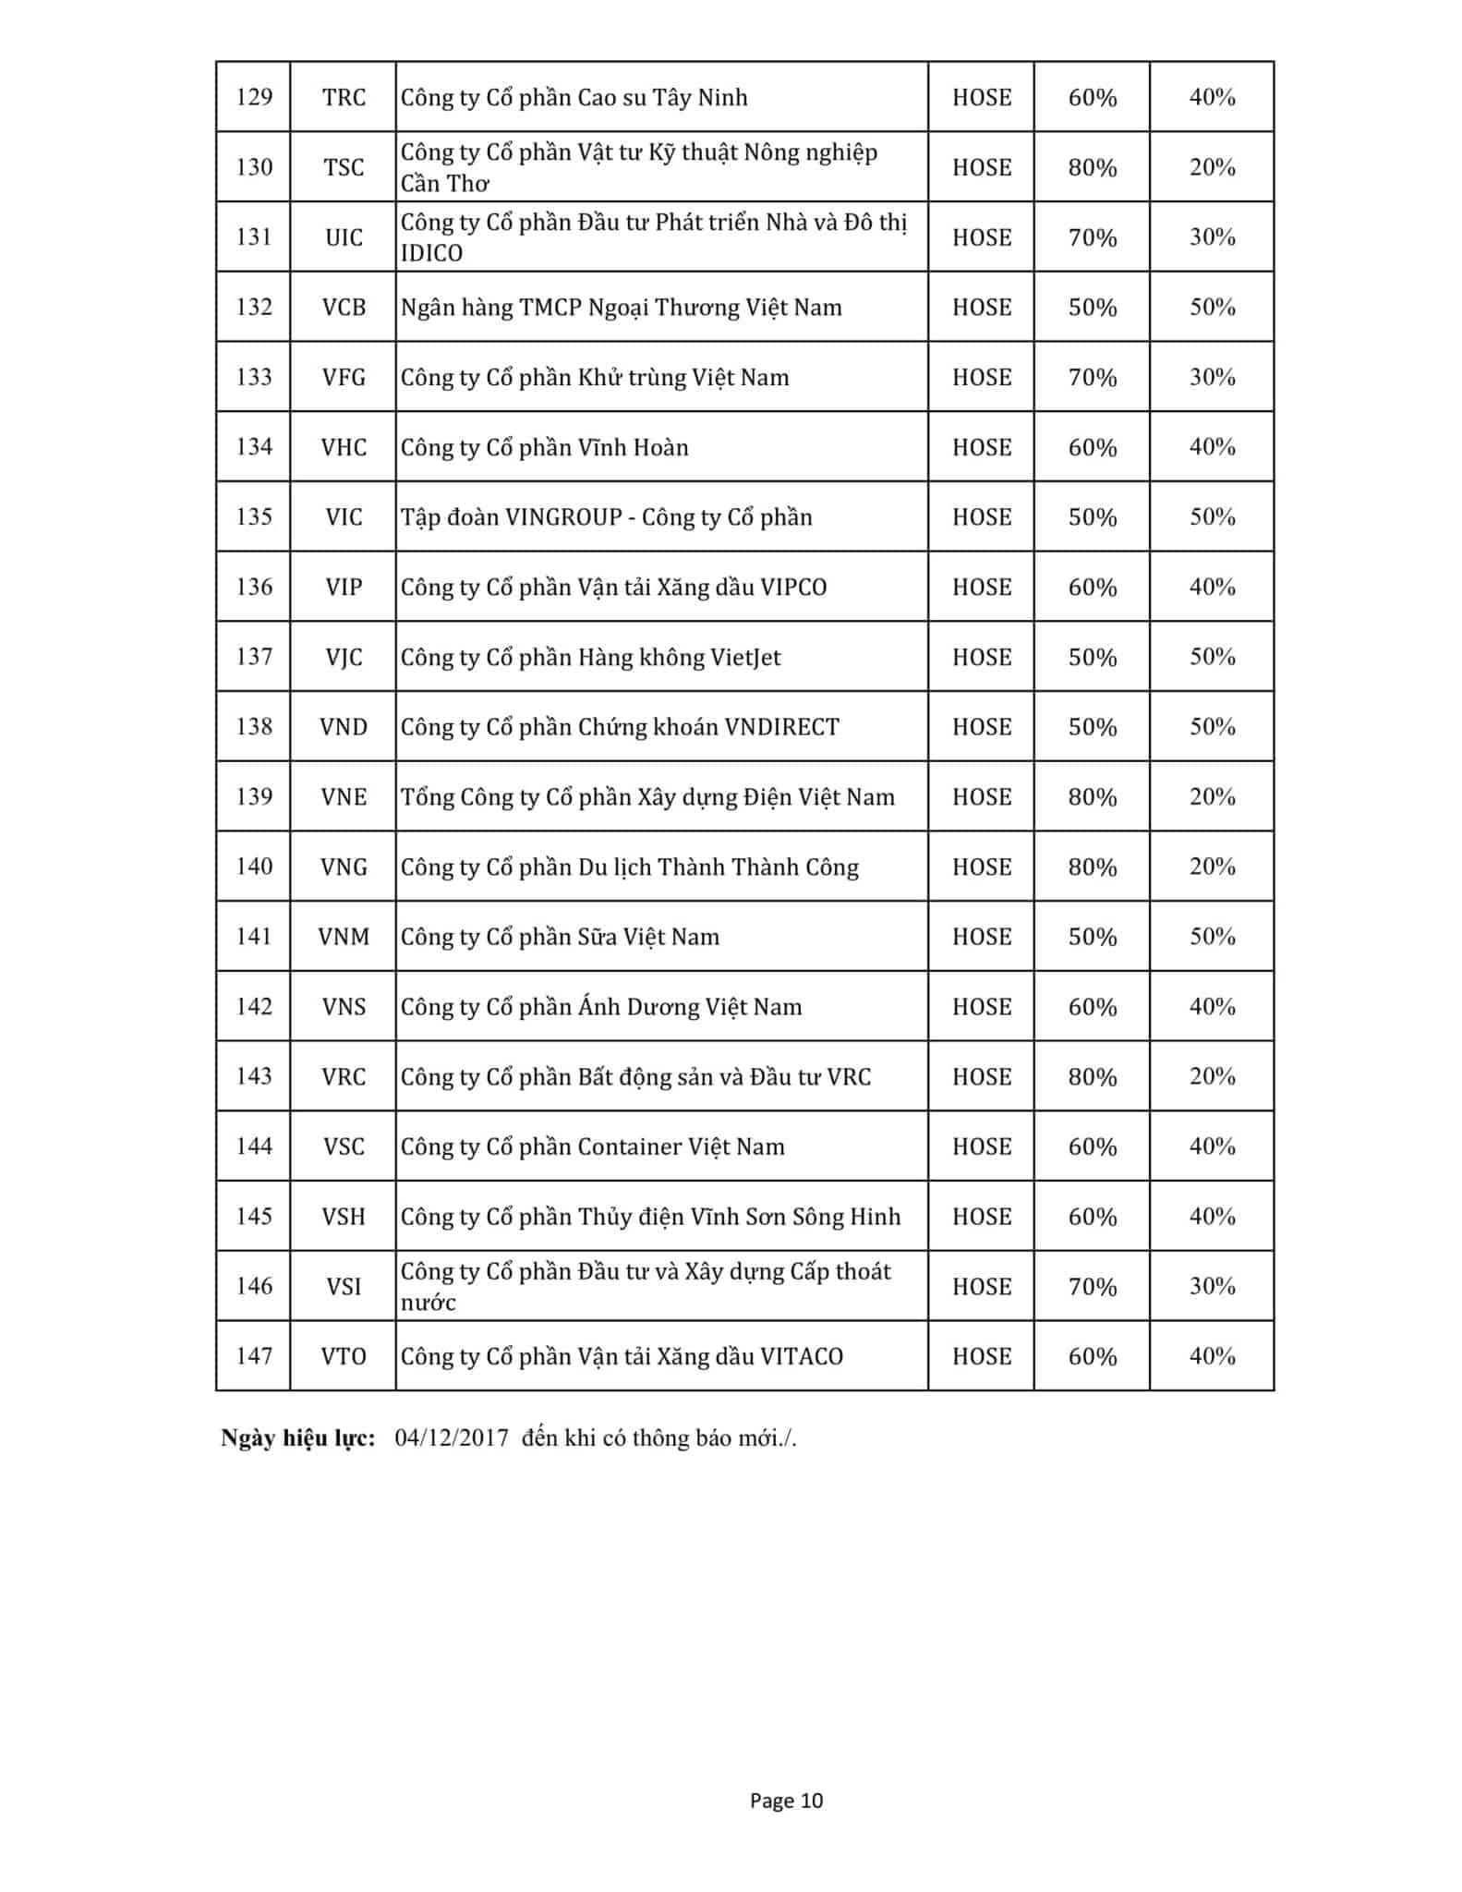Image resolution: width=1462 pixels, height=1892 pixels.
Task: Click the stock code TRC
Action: (x=344, y=97)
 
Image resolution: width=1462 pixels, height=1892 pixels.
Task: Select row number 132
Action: (x=254, y=307)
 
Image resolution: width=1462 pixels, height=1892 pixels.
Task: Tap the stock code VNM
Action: (x=344, y=937)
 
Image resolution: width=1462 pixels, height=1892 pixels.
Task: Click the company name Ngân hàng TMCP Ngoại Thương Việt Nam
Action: (x=621, y=307)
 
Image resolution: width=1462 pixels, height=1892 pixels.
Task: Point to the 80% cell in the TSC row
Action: (x=1092, y=167)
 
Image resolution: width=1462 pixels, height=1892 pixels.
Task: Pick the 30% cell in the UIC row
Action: (x=1212, y=237)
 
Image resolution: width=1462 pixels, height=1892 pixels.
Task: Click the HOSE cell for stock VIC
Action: (x=981, y=516)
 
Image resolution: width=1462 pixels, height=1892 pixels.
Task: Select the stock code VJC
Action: (x=344, y=657)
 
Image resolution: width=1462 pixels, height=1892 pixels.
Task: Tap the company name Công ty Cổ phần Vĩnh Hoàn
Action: (x=544, y=447)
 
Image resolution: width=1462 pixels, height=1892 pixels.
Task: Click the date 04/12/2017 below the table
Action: (x=452, y=1437)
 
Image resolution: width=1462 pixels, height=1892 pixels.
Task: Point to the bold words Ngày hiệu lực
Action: (x=297, y=1437)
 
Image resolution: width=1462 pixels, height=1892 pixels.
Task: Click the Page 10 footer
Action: (x=786, y=1801)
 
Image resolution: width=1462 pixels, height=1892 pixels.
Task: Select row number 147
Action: (x=254, y=1356)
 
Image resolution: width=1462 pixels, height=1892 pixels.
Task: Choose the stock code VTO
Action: (x=344, y=1356)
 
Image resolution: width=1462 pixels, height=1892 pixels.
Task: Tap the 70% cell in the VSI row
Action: (x=1092, y=1286)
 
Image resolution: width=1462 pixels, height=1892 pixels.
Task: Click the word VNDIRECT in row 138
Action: (x=781, y=727)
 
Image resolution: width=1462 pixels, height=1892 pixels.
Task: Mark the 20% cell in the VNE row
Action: (x=1212, y=796)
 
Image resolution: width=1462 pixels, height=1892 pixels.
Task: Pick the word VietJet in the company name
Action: (x=744, y=657)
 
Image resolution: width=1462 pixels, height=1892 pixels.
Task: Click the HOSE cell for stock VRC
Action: (x=981, y=1076)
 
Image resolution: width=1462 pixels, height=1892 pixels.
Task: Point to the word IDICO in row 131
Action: (x=431, y=253)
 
